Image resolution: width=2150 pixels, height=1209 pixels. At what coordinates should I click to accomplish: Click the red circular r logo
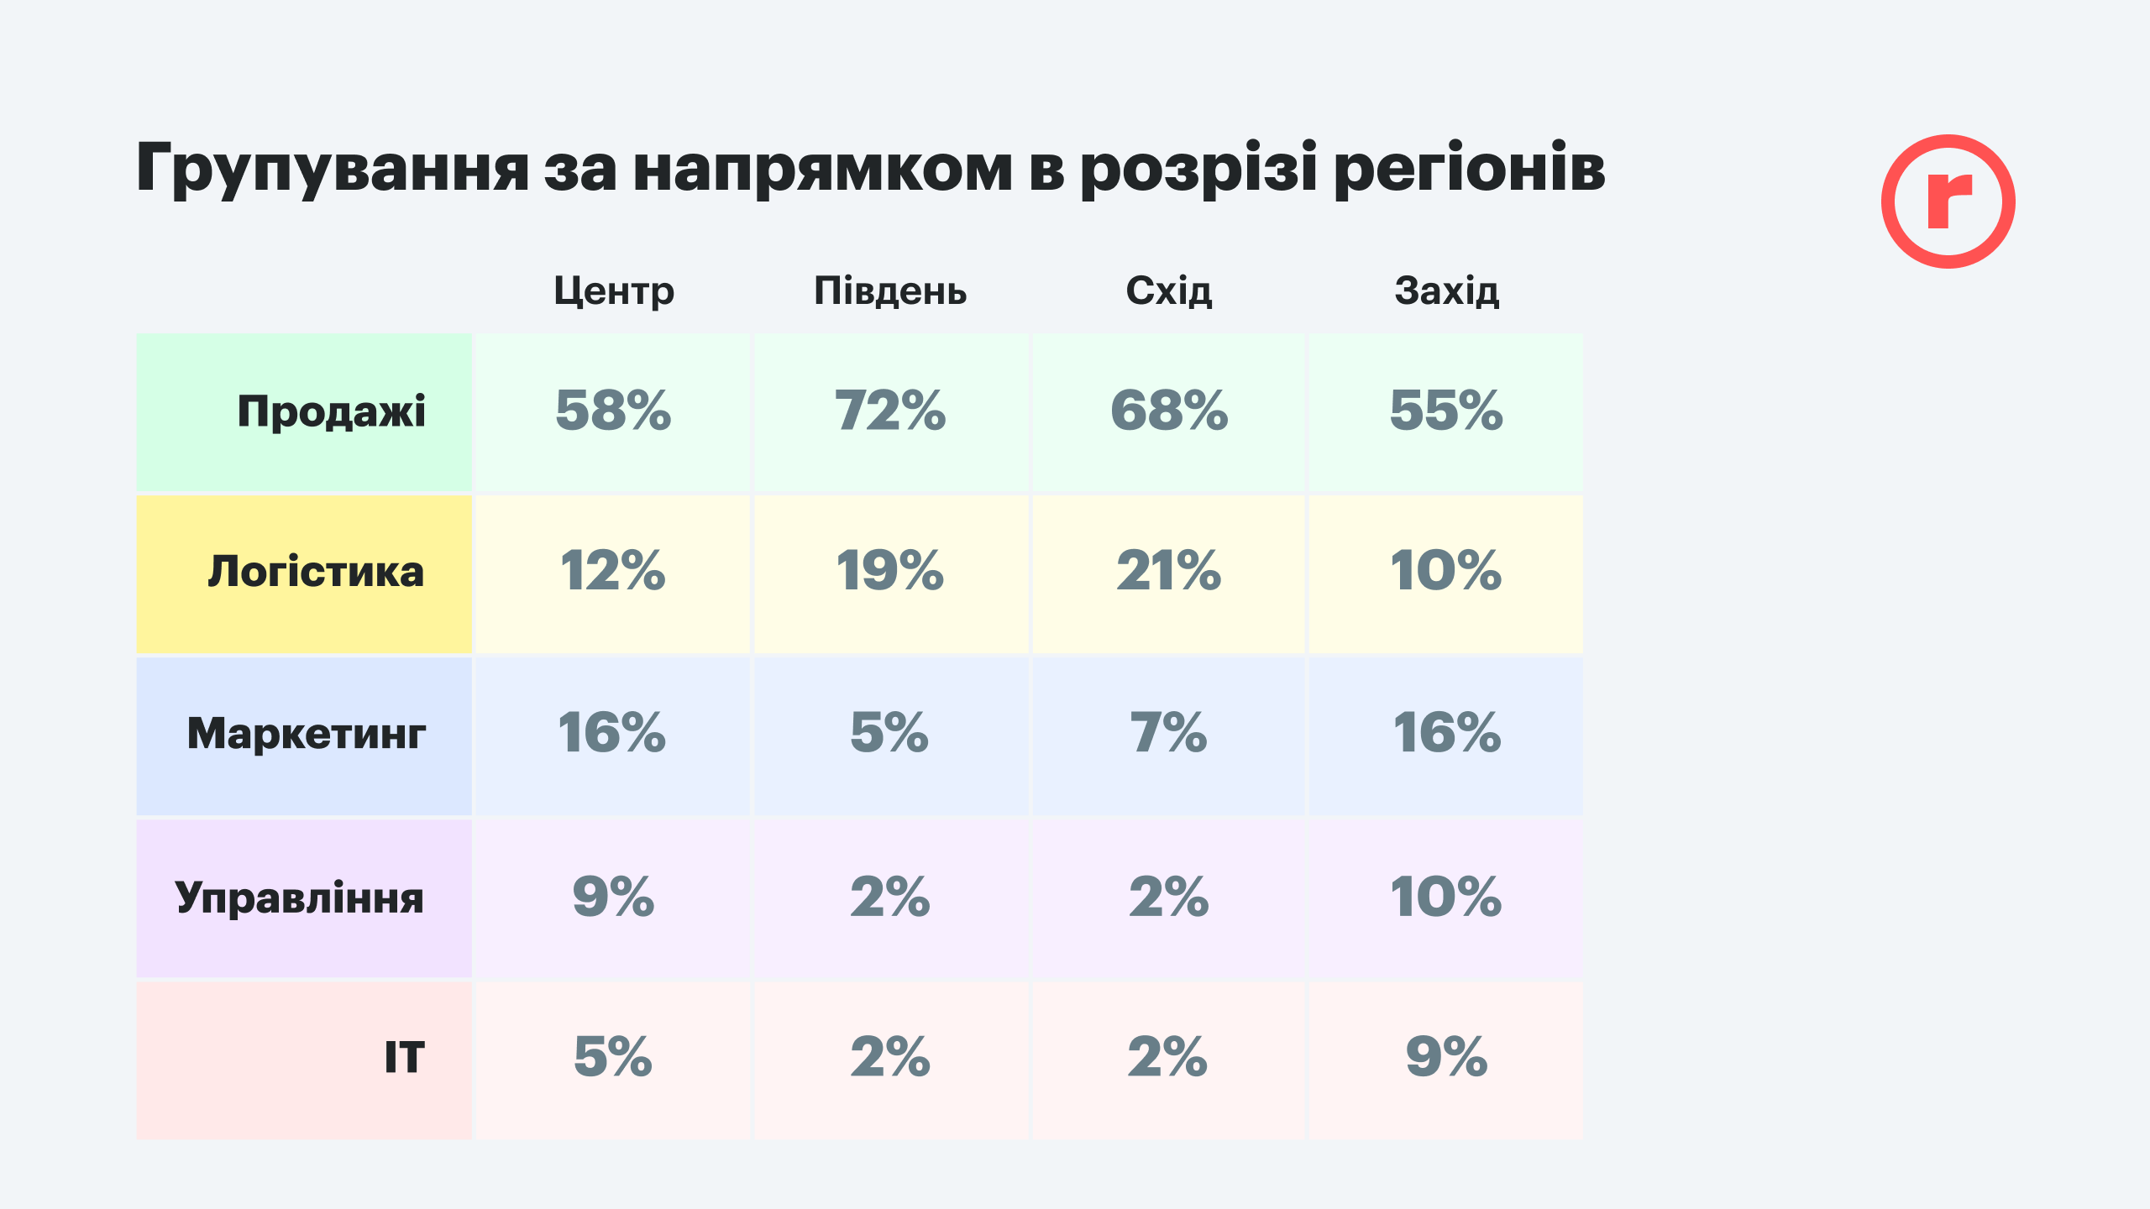point(1948,201)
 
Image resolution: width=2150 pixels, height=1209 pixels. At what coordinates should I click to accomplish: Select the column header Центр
point(614,291)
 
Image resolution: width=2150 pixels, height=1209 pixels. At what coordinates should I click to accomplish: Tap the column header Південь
point(890,291)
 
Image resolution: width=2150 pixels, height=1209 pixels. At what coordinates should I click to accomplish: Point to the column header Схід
point(1168,291)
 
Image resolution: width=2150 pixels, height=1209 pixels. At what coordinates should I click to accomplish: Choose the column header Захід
point(1446,291)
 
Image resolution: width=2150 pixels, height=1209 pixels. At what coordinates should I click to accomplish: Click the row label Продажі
point(332,411)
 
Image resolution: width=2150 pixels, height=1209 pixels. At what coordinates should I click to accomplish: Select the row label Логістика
point(316,573)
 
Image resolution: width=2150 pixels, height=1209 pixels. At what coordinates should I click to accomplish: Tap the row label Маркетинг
point(307,734)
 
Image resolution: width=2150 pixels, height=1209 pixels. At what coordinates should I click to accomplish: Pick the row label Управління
point(300,898)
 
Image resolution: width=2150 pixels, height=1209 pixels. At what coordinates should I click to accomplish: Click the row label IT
point(404,1058)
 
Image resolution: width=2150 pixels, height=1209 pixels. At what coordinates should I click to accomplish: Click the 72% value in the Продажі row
point(890,411)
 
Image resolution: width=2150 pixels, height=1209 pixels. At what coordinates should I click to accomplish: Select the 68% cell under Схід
point(1168,411)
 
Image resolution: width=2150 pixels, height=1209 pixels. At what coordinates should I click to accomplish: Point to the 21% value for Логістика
point(1168,572)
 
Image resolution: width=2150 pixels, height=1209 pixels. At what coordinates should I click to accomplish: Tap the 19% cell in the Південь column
point(890,572)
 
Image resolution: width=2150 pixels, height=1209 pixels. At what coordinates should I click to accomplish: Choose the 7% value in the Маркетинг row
point(1168,733)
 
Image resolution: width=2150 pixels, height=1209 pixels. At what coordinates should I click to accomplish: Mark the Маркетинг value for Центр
point(612,733)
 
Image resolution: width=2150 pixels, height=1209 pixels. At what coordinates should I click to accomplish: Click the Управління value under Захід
point(1446,897)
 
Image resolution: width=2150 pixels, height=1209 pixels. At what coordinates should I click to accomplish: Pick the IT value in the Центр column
point(612,1057)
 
